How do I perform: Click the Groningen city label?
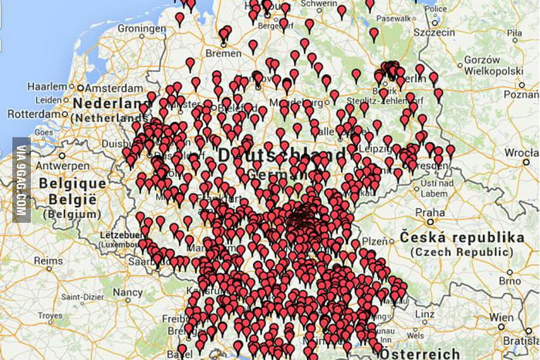pos(142,29)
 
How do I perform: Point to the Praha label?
pos(430,212)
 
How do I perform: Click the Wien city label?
pos(500,317)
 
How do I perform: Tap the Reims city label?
pos(48,261)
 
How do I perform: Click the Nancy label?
pos(128,292)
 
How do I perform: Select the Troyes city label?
pos(49,316)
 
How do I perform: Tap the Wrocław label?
pos(521,153)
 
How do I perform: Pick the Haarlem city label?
pos(47,86)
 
